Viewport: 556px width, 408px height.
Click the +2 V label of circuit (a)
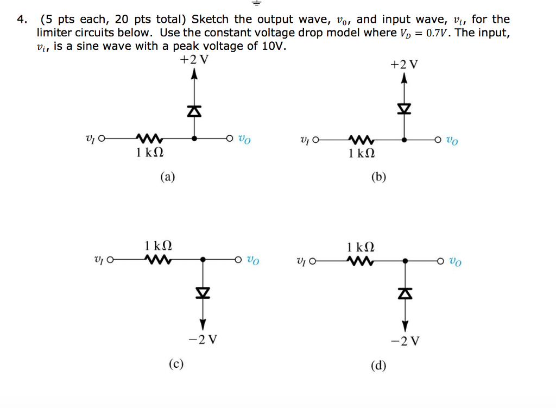coord(194,60)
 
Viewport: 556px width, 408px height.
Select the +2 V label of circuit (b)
coord(405,65)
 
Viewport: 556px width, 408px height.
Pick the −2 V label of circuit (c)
coord(203,340)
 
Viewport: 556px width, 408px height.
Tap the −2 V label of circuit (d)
coord(405,341)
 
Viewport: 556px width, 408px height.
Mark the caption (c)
coord(175,363)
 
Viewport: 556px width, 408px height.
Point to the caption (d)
coord(378,365)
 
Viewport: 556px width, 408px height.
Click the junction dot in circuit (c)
coord(202,260)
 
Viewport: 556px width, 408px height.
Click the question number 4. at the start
coord(21,20)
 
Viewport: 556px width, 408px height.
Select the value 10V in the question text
coord(273,46)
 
